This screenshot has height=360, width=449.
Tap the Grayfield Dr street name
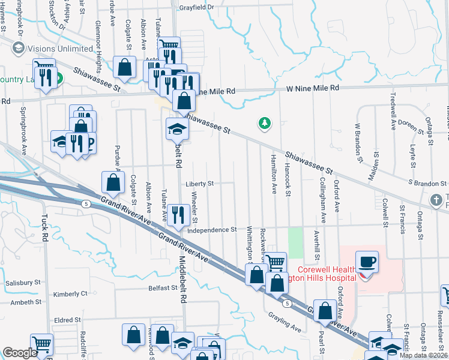pyautogui.click(x=196, y=7)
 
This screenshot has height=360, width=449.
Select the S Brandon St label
pyautogui.click(x=427, y=183)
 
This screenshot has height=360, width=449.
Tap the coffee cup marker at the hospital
pyautogui.click(x=366, y=262)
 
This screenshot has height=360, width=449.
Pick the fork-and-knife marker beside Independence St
pyautogui.click(x=178, y=215)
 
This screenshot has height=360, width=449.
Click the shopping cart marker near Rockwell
pyautogui.click(x=274, y=262)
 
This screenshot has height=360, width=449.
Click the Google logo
pyautogui.click(x=20, y=353)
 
